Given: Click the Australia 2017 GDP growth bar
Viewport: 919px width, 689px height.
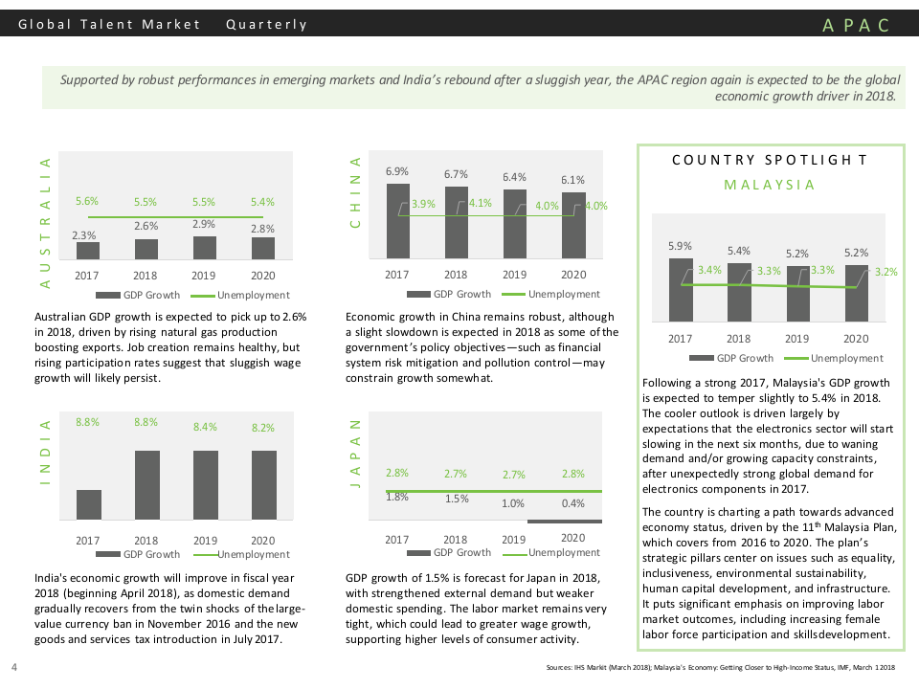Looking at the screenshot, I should pos(88,251).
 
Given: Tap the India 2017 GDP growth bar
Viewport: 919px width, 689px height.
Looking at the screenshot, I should pos(88,504).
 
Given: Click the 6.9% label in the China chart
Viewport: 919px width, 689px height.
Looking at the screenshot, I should pos(397,171).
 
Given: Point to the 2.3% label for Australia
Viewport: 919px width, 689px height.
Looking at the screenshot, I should pos(84,234).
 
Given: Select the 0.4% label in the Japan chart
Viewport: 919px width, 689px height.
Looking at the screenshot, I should pos(573,503).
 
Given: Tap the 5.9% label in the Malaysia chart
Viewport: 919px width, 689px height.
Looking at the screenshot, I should pos(680,247).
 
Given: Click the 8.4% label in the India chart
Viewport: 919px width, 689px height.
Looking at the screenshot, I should pos(205,428).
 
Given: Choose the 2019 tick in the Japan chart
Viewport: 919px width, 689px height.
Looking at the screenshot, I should pos(514,540).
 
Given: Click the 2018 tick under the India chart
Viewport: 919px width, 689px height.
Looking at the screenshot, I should pos(146,540).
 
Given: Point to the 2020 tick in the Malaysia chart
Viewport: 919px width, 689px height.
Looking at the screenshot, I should pos(856,338).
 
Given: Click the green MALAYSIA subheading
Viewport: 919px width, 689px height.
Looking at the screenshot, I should pos(770,185).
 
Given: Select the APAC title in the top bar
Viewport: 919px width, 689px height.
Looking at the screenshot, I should pos(856,25).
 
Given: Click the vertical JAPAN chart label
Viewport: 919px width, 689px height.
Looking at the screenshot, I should pos(355,454).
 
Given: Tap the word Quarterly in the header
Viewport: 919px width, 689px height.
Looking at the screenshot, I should pos(267,25).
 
